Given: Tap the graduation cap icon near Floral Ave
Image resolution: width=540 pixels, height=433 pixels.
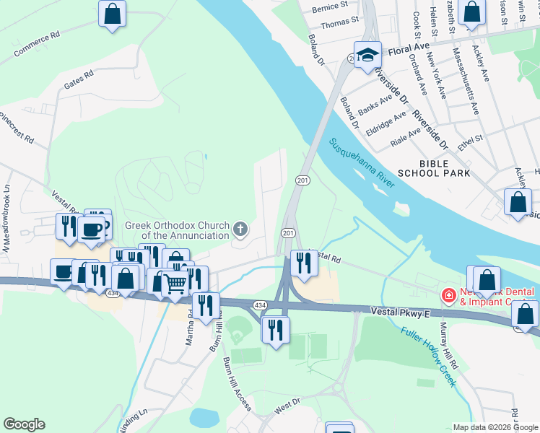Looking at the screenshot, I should (367, 54).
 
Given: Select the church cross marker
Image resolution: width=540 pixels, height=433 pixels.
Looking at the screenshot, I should (241, 229).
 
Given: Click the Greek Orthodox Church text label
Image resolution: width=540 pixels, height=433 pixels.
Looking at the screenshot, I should (178, 229).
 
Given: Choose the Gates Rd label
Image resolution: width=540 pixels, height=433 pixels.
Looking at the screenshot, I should (79, 79).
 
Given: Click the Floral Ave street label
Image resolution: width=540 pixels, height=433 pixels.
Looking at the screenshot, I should (407, 53).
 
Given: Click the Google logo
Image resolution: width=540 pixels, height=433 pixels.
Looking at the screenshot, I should (24, 424).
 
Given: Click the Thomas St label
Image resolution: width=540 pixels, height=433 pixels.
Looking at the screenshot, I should (339, 23).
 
